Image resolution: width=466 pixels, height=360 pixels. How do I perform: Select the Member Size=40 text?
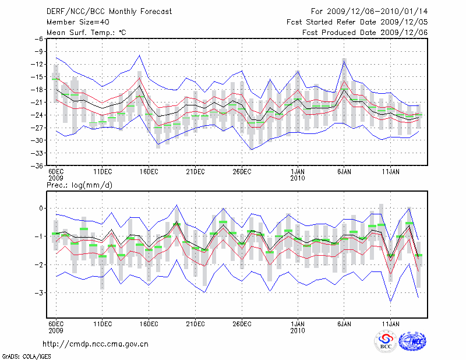tap(73, 22)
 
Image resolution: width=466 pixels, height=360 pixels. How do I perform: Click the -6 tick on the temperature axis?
tap(40, 38)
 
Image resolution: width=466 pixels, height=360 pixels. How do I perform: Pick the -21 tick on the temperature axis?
tap(38, 102)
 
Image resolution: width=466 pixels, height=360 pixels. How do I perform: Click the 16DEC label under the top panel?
tap(149, 172)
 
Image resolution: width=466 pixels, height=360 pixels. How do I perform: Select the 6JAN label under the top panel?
tap(344, 172)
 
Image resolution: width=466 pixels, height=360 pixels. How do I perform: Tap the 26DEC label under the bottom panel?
tap(242, 323)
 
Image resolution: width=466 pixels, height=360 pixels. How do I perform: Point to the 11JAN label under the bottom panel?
tap(390, 323)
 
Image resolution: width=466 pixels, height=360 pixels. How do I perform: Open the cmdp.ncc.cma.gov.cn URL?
tap(96, 344)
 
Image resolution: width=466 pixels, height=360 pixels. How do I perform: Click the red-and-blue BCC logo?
tap(386, 342)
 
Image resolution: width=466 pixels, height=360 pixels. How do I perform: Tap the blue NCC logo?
tap(412, 342)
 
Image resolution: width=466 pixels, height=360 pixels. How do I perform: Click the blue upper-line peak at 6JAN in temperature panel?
tap(344, 59)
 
